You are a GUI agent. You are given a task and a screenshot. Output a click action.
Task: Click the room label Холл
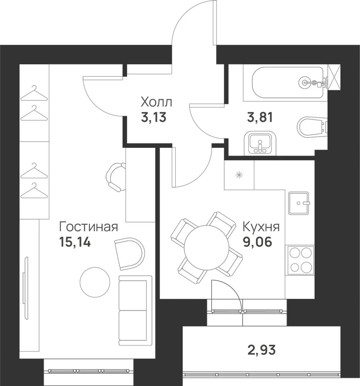156,102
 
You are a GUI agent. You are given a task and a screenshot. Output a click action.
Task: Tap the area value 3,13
154,117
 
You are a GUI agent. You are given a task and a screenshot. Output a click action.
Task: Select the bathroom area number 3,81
260,117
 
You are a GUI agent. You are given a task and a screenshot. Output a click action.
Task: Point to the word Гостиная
88,227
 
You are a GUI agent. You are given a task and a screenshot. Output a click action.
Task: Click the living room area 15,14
75,242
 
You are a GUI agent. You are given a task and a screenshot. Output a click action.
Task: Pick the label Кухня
261,227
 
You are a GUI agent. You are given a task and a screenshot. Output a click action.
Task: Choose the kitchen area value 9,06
258,242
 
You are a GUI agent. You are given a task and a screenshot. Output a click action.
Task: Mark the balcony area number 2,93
261,350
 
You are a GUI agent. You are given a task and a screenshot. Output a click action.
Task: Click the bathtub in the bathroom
287,83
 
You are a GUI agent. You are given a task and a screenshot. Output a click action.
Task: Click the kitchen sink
299,203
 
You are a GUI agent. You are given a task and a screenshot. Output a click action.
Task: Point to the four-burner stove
300,260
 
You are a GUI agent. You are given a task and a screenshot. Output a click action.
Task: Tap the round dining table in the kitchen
207,247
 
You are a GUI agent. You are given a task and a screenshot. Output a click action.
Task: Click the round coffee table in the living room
95,282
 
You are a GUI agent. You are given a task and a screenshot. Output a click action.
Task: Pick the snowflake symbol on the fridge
239,175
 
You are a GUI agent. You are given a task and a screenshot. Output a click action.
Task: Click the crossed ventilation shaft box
335,78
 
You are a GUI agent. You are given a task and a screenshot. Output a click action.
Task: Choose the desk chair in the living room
115,177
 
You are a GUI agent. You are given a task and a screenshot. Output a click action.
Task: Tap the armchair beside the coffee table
130,254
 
